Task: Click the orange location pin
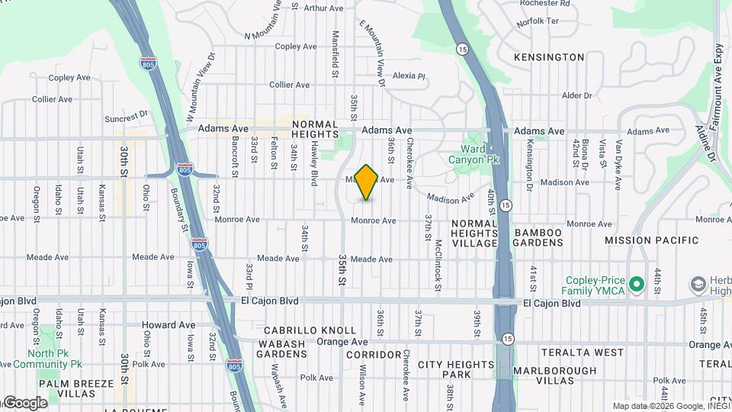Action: click(x=366, y=182)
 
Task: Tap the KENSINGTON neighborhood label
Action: click(x=549, y=57)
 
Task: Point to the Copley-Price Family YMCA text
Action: click(x=593, y=286)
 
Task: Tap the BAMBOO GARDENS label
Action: click(x=538, y=237)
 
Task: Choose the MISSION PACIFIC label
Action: click(x=650, y=240)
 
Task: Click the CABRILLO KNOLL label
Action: click(x=310, y=330)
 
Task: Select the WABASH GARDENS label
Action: click(x=281, y=349)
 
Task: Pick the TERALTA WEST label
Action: click(x=582, y=352)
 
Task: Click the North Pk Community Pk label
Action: click(x=54, y=359)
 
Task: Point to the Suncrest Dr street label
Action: click(x=127, y=117)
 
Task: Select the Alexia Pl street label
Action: click(x=408, y=76)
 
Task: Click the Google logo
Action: click(x=24, y=403)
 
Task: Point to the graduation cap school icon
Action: click(x=697, y=285)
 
